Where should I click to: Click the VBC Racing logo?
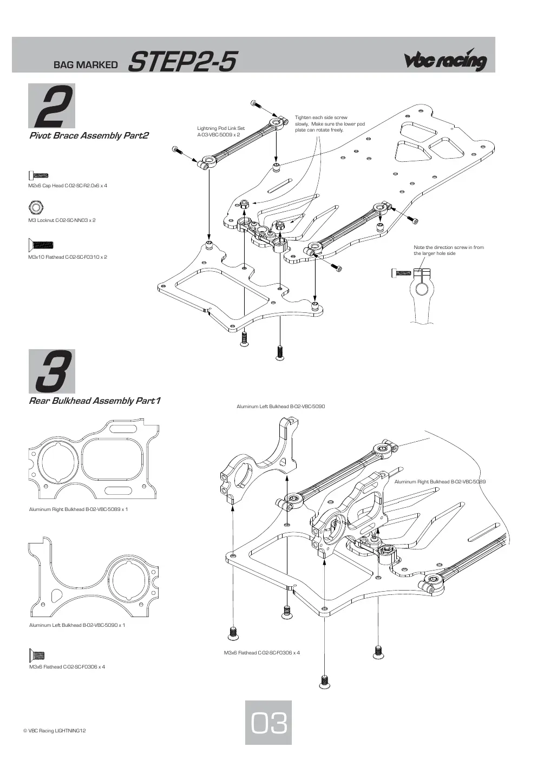(x=446, y=60)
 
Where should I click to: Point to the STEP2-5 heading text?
(x=182, y=61)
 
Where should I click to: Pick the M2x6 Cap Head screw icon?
(x=38, y=175)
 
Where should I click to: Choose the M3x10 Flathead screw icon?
(x=41, y=244)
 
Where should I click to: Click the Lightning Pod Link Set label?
(x=221, y=132)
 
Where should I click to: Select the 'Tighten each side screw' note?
(x=330, y=124)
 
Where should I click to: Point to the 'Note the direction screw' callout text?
(x=448, y=251)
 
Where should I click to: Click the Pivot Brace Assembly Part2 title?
(x=89, y=136)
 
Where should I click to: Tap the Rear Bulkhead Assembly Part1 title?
(x=95, y=401)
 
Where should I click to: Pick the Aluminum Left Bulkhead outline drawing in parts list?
(x=93, y=577)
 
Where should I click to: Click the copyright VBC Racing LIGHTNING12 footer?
(x=54, y=730)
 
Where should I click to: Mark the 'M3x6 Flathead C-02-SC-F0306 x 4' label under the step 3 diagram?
(x=261, y=652)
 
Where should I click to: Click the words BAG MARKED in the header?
(x=86, y=64)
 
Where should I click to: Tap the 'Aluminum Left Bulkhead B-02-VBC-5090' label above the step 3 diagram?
(x=280, y=406)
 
